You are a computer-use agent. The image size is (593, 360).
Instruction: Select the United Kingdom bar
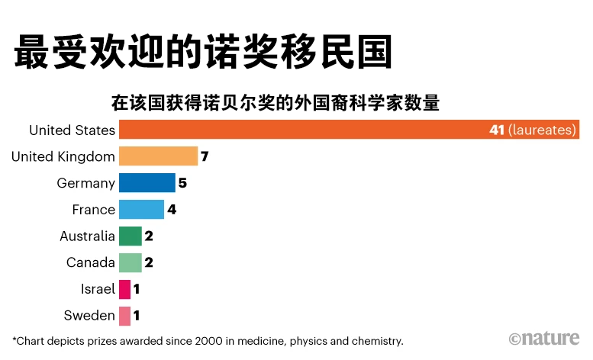(158, 156)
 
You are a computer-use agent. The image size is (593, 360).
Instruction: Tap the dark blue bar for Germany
(147, 183)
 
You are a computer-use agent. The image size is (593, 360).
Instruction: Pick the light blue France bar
(141, 209)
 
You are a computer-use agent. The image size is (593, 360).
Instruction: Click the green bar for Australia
(130, 236)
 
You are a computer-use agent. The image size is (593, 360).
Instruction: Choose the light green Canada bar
(130, 262)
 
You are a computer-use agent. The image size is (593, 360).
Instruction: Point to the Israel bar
(124, 289)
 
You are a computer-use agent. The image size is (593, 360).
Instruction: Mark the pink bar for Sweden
(124, 315)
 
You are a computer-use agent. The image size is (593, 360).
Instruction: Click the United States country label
(72, 130)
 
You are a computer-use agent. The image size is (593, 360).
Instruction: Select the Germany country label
(85, 183)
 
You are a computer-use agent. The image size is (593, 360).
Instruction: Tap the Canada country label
(90, 262)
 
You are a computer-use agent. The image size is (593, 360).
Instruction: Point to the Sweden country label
(89, 315)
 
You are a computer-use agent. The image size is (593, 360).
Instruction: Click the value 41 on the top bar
(497, 130)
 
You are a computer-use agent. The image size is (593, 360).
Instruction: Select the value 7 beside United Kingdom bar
(205, 157)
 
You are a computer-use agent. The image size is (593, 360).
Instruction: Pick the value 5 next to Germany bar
(182, 183)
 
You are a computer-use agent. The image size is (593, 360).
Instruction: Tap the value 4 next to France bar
(172, 210)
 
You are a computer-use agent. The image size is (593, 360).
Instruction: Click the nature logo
(544, 338)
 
